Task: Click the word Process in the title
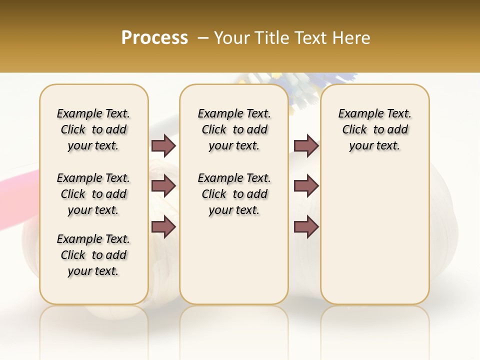coord(154,38)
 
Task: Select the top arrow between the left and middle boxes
coord(163,145)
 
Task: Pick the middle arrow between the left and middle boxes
coord(163,186)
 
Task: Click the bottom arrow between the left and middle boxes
coord(163,227)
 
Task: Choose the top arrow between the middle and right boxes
coord(306,145)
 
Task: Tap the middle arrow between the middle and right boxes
coord(306,186)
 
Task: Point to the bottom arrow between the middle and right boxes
coord(306,227)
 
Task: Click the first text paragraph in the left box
coord(93,129)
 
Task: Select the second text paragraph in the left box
coord(93,194)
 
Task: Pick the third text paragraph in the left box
coord(93,255)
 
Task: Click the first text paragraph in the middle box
coord(234,129)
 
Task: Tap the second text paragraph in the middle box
coord(234,194)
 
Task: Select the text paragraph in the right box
coord(375,129)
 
